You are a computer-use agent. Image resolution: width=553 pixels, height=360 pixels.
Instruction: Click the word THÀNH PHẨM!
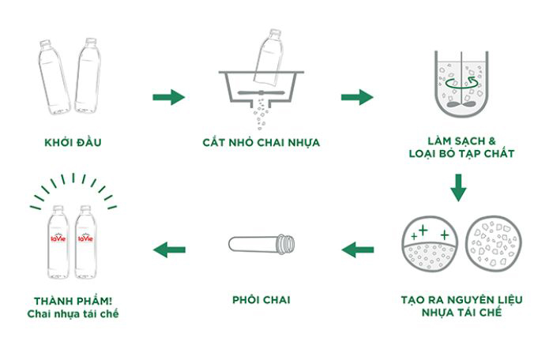pyautogui.click(x=73, y=301)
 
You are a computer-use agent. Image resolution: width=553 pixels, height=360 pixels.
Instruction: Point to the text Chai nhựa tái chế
pyautogui.click(x=73, y=314)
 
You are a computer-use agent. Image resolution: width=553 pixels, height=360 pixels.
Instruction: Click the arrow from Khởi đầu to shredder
pyautogui.click(x=168, y=97)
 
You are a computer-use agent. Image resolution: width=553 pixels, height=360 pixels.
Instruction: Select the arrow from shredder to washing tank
pyautogui.click(x=357, y=97)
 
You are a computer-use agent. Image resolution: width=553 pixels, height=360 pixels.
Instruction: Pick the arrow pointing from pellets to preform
pyautogui.click(x=358, y=250)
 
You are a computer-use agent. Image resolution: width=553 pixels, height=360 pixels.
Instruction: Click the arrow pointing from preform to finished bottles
pyautogui.click(x=169, y=250)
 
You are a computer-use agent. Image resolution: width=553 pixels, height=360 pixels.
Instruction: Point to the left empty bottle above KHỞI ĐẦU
pyautogui.click(x=53, y=76)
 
